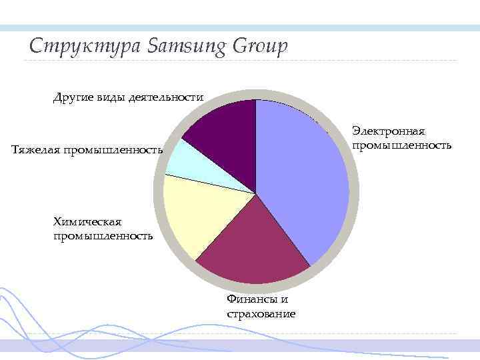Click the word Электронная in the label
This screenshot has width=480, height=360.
pos(389,131)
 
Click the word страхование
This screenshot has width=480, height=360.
pos(261,313)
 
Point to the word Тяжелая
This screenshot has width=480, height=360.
pos(35,149)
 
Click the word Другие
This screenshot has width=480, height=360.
pos(72,97)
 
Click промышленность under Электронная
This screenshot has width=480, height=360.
pos(401,145)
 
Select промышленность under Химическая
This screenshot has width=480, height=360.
pos(103,235)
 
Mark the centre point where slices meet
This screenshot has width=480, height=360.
pos(256,193)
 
